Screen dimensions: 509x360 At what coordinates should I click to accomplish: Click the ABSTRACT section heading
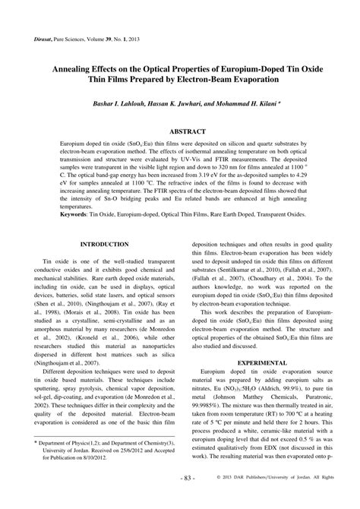click(180, 131)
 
